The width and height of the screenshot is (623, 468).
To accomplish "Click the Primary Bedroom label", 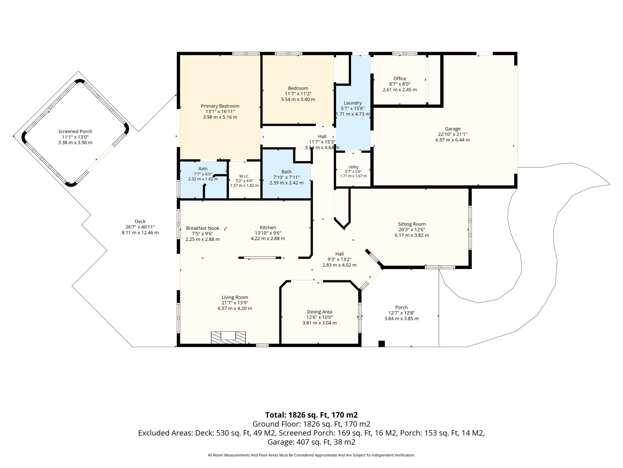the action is [x=220, y=106].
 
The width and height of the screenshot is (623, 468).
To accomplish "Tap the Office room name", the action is [x=400, y=79].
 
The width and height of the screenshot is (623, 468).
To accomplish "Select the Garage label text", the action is [x=452, y=129].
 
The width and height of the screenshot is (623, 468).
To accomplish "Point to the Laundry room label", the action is [x=353, y=103].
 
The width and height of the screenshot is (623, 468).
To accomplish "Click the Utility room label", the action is [x=353, y=167].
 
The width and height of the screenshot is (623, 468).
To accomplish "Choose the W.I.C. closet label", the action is [x=244, y=176].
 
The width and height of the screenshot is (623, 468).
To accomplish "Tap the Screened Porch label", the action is [x=75, y=132].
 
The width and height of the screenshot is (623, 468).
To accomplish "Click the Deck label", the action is [x=140, y=222].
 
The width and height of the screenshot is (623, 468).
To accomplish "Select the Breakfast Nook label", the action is [x=203, y=228].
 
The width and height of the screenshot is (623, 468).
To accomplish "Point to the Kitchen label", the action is [x=268, y=228].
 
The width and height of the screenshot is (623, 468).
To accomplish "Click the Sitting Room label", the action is [x=412, y=224].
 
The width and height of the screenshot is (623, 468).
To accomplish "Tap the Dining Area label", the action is [x=319, y=312].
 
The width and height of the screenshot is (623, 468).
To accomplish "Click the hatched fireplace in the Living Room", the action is [x=228, y=338].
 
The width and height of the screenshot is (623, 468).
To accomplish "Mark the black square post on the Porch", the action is [x=381, y=344].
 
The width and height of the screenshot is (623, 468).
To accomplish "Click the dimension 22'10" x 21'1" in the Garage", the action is [x=452, y=134].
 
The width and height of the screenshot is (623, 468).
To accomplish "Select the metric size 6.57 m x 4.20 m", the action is [x=235, y=308].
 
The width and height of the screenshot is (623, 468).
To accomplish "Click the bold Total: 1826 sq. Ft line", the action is [x=311, y=415].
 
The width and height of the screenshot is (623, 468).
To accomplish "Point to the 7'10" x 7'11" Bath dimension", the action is [x=286, y=177].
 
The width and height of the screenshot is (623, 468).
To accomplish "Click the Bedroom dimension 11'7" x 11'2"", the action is [x=298, y=94].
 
